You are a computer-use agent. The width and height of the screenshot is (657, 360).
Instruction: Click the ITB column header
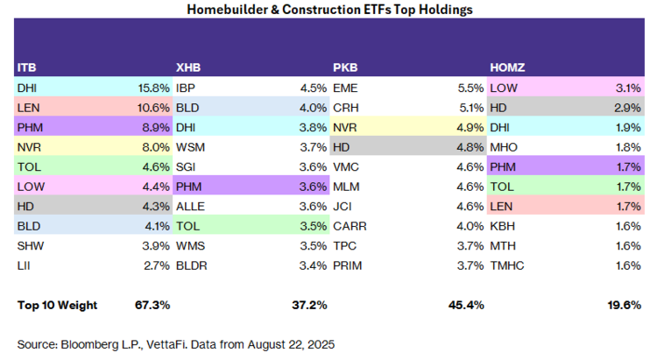pos(27,67)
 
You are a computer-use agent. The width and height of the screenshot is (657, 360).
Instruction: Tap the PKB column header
pos(345,67)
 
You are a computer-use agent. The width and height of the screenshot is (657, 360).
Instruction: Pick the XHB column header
pos(188,67)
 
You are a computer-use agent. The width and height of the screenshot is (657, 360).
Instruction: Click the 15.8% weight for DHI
pos(154,88)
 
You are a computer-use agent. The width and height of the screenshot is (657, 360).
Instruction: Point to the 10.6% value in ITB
pos(153,108)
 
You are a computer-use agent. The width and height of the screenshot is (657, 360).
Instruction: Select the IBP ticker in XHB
pos(186,88)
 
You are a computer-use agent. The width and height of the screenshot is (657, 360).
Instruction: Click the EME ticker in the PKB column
pos(345,88)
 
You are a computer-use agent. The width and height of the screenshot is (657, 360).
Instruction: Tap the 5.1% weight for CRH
pos(471,108)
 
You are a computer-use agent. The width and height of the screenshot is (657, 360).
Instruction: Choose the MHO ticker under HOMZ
pos(504,147)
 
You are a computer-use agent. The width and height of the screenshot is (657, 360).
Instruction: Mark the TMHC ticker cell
pos(507,265)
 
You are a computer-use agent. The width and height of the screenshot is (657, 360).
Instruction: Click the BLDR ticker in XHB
pos(192,265)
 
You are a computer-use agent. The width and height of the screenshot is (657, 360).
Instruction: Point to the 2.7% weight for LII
pos(157,265)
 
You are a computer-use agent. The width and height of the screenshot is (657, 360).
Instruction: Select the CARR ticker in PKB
pos(350,226)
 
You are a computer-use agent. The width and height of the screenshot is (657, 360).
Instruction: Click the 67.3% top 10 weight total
pos(152,305)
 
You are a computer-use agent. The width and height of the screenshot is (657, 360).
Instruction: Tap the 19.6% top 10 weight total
pos(625,305)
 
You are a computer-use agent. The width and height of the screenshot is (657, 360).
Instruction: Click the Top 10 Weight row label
pos(58,305)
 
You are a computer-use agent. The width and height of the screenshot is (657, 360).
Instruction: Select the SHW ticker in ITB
pos(31,245)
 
